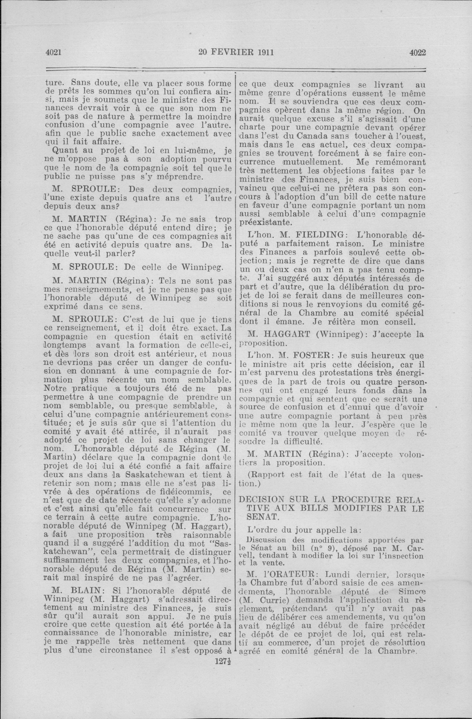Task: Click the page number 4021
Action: (x=54, y=52)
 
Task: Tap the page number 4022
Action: (x=418, y=52)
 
